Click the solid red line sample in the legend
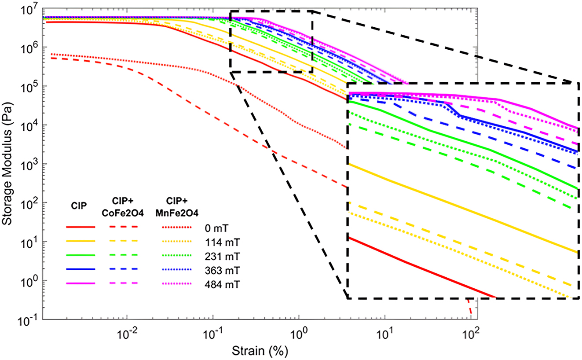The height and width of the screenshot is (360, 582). point(81,227)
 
